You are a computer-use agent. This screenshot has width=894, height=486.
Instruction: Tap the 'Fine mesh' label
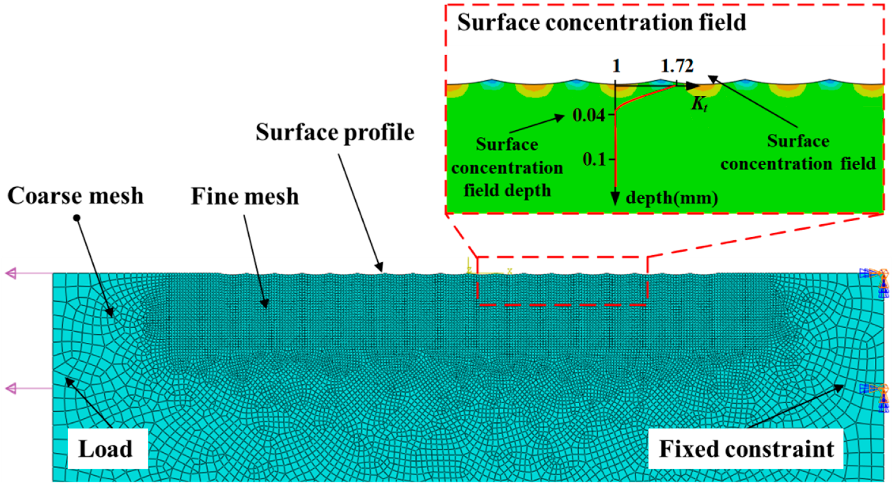245,197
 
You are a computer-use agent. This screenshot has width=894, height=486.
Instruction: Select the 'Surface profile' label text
335,132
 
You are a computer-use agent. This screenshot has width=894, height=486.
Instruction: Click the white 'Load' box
108,448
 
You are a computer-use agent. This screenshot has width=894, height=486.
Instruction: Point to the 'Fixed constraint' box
746,449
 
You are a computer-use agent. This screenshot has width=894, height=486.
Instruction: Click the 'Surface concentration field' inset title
602,23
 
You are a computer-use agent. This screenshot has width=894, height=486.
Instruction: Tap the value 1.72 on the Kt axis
677,66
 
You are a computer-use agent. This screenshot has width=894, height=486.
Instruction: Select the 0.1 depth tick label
594,159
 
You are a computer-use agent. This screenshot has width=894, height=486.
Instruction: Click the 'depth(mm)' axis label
672,198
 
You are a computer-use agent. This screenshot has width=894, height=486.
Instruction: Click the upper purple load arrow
12,274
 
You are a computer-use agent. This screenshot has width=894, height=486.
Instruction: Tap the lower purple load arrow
12,388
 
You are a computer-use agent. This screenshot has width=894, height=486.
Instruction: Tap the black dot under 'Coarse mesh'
77,218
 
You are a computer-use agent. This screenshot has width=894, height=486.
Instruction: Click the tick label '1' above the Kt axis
616,66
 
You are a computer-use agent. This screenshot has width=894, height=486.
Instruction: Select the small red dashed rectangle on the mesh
562,281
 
